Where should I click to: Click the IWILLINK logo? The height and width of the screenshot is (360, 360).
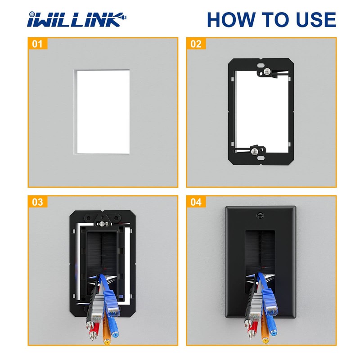[76, 20]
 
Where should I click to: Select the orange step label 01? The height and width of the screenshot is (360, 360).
[37, 44]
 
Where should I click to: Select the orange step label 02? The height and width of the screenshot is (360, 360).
[196, 44]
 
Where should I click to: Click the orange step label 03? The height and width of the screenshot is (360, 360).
[37, 202]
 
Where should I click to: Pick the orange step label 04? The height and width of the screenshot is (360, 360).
[196, 202]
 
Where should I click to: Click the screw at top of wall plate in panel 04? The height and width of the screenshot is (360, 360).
[260, 216]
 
